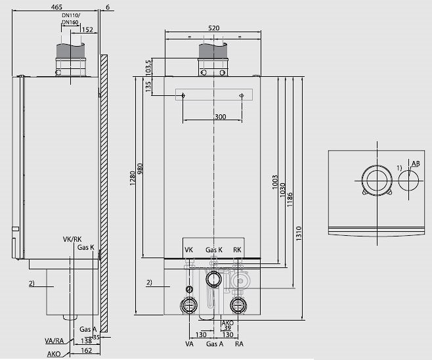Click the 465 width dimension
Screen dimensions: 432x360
[x=56, y=7]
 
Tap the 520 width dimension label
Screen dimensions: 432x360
[x=214, y=28]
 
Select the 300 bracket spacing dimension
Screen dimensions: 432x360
[x=220, y=117]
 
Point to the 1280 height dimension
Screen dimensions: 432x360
[x=133, y=178]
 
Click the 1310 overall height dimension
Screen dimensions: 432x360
[x=299, y=233]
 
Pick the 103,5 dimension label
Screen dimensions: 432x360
[x=148, y=68]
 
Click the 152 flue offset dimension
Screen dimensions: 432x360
[x=87, y=30]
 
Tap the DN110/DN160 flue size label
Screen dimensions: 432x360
[x=71, y=19]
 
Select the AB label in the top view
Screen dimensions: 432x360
[x=416, y=164]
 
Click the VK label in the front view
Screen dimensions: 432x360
[x=188, y=250]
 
